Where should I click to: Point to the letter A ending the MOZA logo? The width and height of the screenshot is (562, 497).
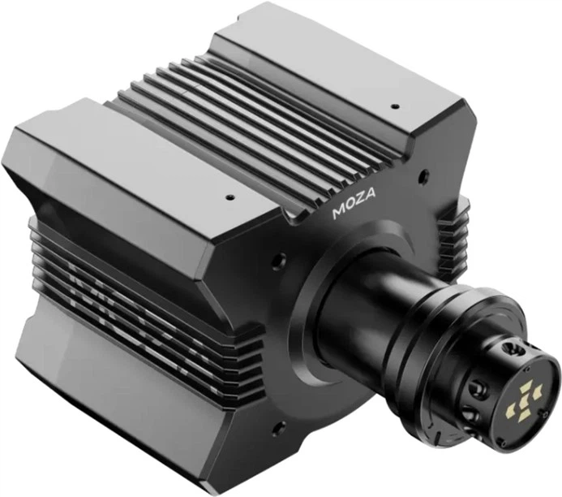[370, 194]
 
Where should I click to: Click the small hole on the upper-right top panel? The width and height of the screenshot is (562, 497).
[395, 106]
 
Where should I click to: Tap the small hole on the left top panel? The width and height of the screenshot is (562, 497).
[230, 197]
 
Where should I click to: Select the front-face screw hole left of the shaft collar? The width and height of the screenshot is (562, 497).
[279, 260]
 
